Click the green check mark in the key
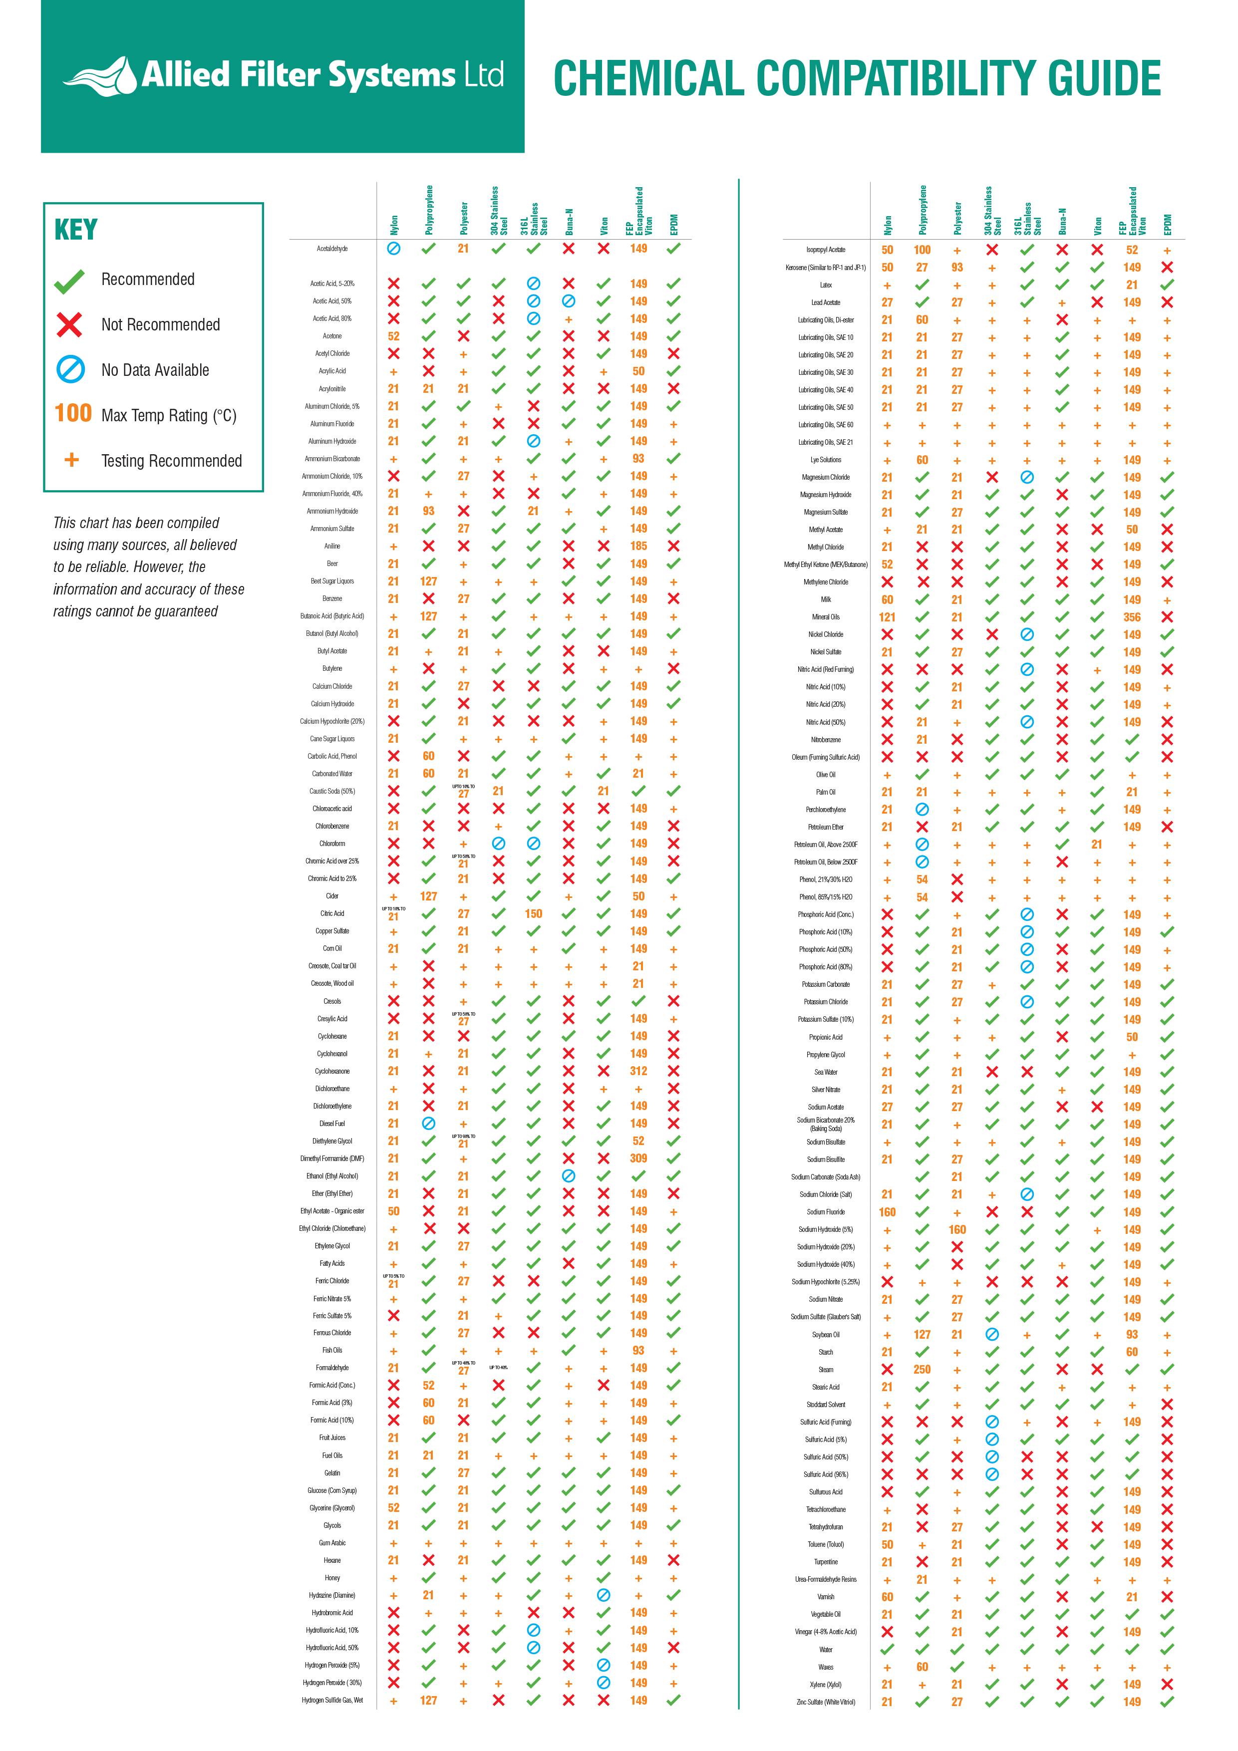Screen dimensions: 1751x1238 [x=69, y=281]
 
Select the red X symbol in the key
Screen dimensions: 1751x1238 [x=69, y=325]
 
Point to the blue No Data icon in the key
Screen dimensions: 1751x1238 [x=70, y=370]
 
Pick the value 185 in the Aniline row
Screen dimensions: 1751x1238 [x=638, y=546]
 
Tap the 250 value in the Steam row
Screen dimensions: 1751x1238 [x=922, y=1370]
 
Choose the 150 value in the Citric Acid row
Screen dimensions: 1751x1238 [x=533, y=913]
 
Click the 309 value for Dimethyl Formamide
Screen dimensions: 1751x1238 [x=638, y=1159]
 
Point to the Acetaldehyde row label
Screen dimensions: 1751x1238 [x=332, y=249]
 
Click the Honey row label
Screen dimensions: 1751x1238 [x=332, y=1578]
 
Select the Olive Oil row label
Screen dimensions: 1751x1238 [x=826, y=775]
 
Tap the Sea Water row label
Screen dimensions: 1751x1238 [x=826, y=1072]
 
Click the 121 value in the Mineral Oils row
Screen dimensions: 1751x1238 [x=887, y=617]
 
